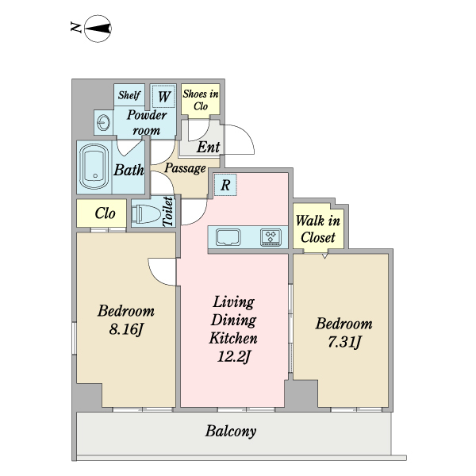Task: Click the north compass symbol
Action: (x=98, y=29)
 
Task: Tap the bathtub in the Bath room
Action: (x=94, y=167)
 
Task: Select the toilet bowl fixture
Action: (x=146, y=213)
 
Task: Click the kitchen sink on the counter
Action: (x=228, y=237)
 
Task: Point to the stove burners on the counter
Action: (x=271, y=237)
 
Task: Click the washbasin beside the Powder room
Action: (x=103, y=123)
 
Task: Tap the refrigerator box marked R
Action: (x=225, y=185)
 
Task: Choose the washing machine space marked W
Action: (x=164, y=96)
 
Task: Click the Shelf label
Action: (x=129, y=95)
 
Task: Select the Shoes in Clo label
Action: (x=201, y=100)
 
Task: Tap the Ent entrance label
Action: (x=208, y=148)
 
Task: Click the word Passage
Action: (x=185, y=168)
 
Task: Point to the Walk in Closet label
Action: (x=318, y=229)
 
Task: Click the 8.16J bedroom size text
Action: (x=125, y=328)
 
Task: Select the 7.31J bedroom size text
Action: (x=344, y=342)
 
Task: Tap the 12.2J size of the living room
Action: (x=233, y=356)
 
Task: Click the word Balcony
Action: (x=231, y=432)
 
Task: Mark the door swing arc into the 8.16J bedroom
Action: (x=155, y=277)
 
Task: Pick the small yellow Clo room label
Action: (x=105, y=213)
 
